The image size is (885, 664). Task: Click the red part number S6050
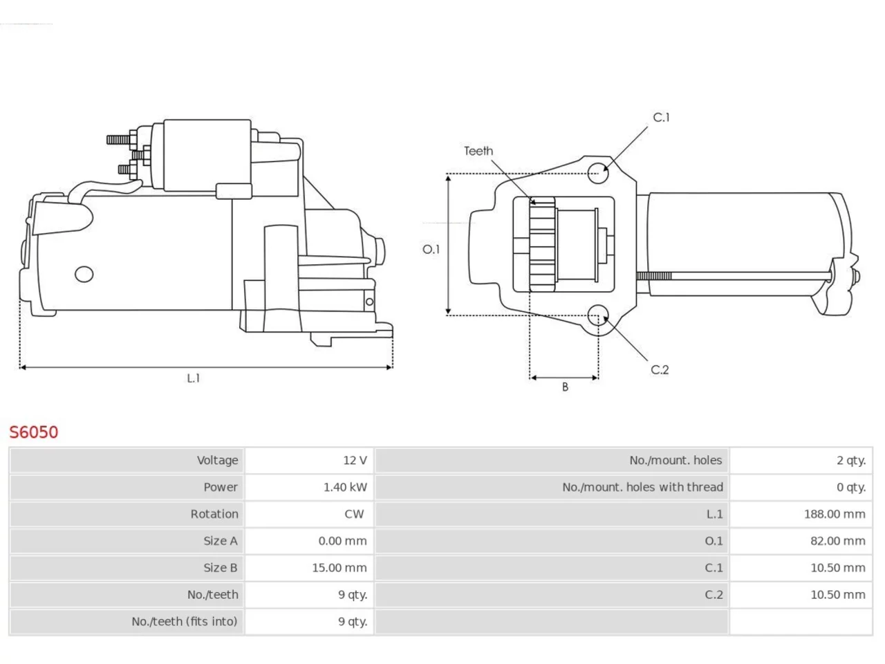34,432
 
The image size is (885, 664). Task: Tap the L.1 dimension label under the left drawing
193,378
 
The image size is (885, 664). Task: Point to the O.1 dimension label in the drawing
431,250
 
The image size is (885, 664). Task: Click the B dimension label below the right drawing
566,387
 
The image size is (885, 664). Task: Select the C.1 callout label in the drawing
661,118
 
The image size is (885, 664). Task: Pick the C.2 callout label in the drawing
660,369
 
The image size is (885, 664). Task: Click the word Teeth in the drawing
478,151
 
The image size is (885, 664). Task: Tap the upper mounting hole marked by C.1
598,174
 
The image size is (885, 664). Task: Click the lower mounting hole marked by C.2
598,315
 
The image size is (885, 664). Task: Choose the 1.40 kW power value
345,488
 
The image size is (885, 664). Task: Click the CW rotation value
354,514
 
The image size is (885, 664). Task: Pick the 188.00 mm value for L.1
835,514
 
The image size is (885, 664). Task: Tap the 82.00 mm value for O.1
838,541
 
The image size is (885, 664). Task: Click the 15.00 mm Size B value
339,568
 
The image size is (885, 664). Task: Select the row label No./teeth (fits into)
185,622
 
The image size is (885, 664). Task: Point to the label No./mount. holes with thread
643,488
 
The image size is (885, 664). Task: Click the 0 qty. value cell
851,488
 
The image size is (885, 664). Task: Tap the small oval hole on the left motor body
84,274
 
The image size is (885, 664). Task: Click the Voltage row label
218,461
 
